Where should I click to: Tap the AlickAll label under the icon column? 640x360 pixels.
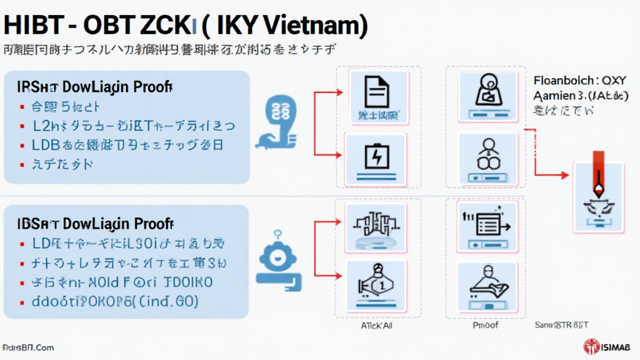pos(377,325)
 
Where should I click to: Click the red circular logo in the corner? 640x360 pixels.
pos(591,346)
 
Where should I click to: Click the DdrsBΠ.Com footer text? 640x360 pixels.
pos(27,347)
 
